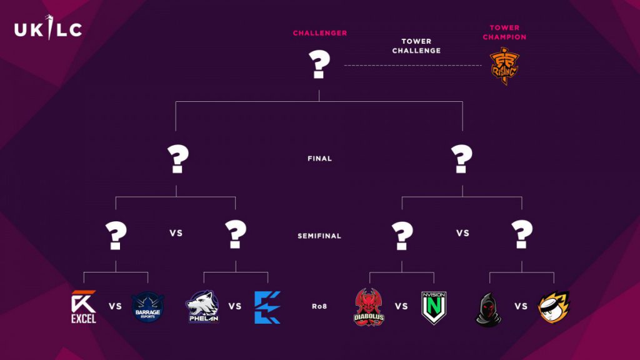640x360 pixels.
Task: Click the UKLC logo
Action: (x=48, y=28)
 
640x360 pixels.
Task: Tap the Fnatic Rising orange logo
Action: (x=504, y=66)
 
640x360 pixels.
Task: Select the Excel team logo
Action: (x=84, y=307)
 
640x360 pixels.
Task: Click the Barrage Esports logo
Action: (x=147, y=307)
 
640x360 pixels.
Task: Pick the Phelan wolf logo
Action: (x=203, y=306)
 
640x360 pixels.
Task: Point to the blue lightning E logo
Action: (x=267, y=307)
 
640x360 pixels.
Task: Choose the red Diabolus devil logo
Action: (x=369, y=307)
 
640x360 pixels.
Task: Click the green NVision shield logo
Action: (x=434, y=307)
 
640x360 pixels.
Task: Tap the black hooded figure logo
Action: (x=489, y=309)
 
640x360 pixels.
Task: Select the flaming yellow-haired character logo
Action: (x=554, y=307)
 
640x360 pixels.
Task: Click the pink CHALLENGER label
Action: (x=320, y=33)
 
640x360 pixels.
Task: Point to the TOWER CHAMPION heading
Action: (x=504, y=32)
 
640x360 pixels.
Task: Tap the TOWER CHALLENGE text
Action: (x=416, y=46)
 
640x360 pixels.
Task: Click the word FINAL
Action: (x=319, y=158)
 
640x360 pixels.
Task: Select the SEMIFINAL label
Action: (x=319, y=236)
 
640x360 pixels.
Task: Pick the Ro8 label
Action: (x=319, y=306)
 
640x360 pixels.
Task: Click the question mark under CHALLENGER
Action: (x=319, y=64)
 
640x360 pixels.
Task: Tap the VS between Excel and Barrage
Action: (x=115, y=306)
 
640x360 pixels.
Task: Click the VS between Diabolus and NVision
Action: (x=401, y=306)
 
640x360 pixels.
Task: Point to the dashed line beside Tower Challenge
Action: (x=412, y=65)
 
